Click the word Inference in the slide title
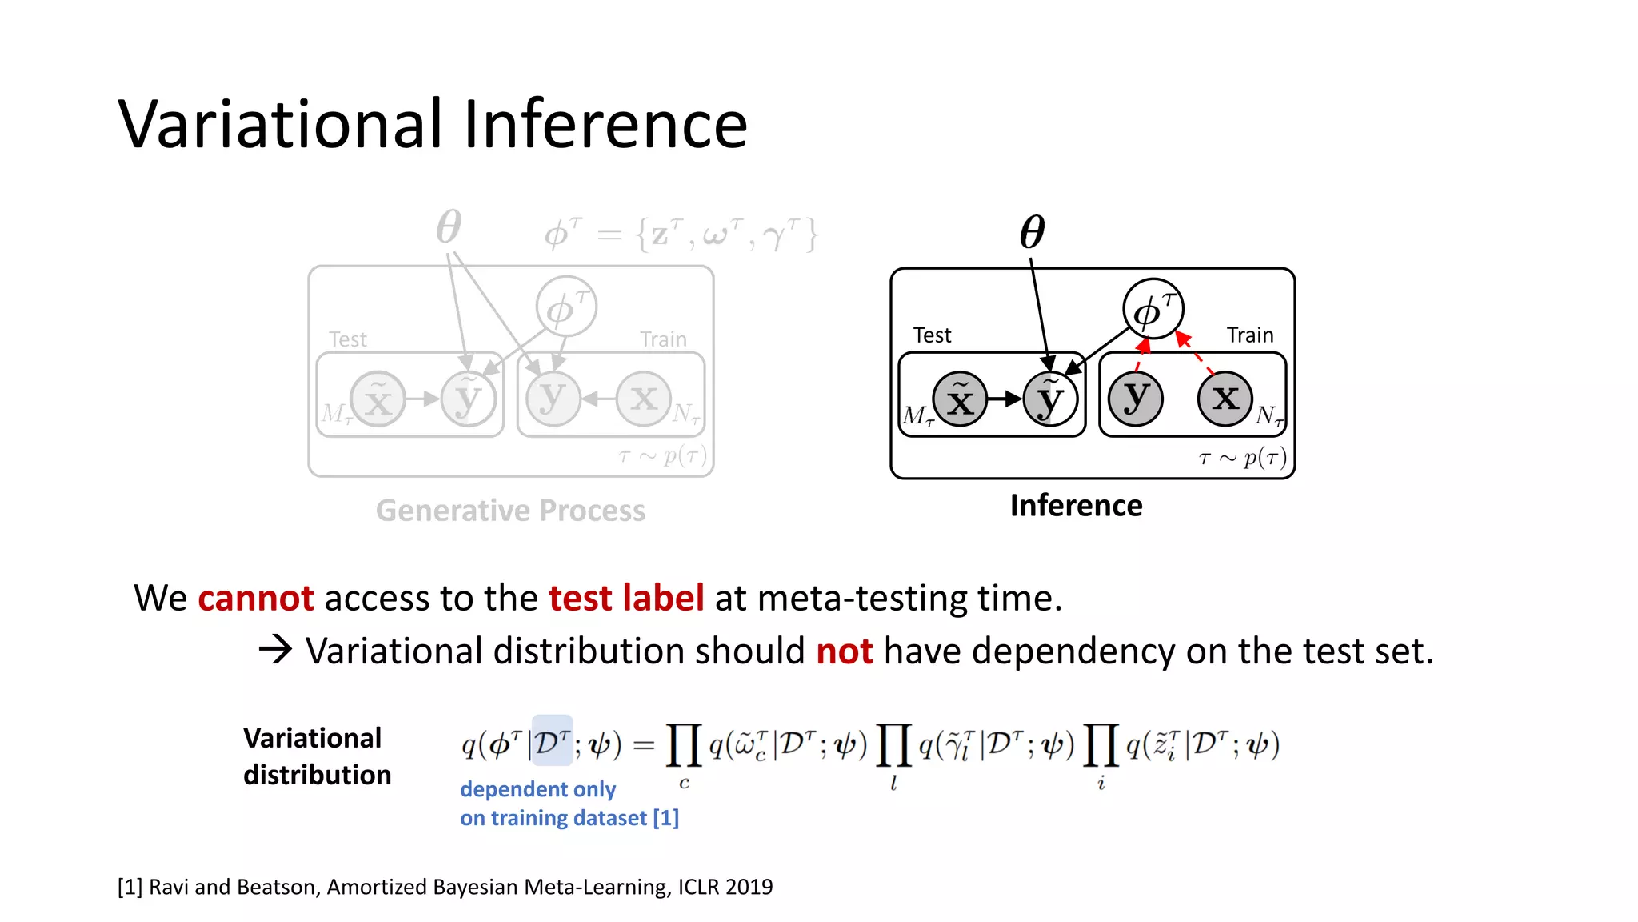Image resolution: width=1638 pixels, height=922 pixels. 605,124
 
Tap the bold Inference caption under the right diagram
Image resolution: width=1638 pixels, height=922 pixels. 1076,506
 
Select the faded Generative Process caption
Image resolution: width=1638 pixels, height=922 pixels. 510,511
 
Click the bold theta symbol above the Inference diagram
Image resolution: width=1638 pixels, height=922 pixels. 1032,232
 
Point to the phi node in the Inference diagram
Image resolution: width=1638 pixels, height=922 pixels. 1153,309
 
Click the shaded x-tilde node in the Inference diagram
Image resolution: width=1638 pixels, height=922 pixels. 960,399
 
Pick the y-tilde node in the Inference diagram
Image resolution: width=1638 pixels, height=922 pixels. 1050,399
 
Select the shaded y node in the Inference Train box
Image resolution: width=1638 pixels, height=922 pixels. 1136,399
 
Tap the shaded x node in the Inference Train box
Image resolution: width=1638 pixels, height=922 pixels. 1225,399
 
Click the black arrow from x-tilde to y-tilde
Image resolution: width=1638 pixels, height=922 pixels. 1005,399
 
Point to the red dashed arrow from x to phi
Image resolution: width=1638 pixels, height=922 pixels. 1195,352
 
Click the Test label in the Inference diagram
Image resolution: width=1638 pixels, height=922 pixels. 932,335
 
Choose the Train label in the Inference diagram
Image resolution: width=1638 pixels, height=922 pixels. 1250,335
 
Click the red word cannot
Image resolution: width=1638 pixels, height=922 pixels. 256,599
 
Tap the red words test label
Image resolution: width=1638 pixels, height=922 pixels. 626,599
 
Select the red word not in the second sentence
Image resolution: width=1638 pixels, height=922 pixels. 845,651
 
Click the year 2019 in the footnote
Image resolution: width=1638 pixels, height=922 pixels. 749,887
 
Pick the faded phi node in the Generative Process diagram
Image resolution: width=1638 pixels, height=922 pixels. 566,307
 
